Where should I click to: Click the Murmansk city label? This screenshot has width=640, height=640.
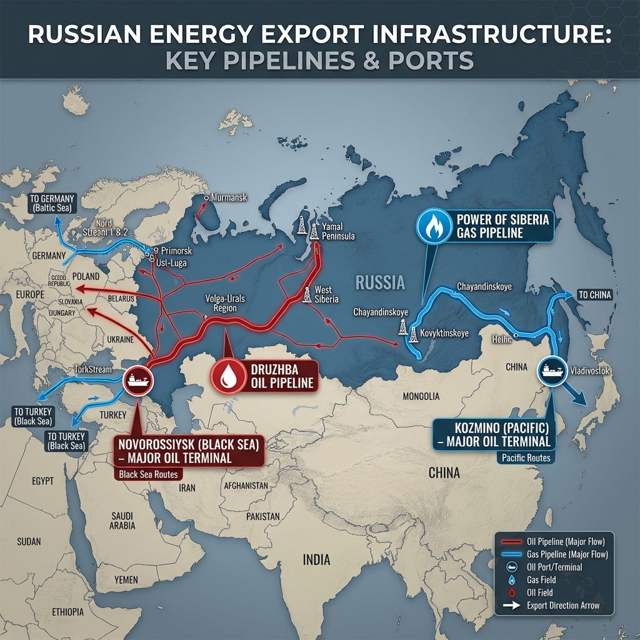tap(229, 197)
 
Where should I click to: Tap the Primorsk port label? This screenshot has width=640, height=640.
tap(176, 251)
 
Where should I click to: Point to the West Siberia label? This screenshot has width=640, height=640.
tap(323, 294)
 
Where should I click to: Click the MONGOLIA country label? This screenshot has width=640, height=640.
tap(421, 396)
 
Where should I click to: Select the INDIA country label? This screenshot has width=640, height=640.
tap(316, 559)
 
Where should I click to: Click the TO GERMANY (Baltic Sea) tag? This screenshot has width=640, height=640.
tap(52, 203)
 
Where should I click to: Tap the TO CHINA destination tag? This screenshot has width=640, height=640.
tap(594, 295)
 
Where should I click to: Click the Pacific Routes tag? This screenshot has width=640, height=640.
tap(526, 458)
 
